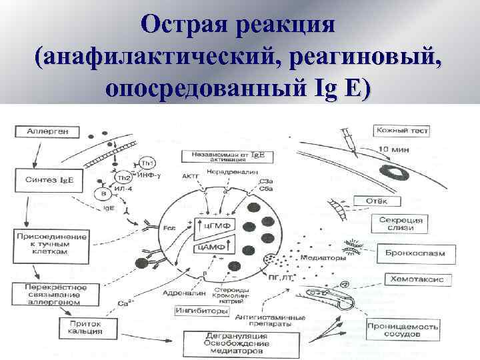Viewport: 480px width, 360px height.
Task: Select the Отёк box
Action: [x=383, y=201]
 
